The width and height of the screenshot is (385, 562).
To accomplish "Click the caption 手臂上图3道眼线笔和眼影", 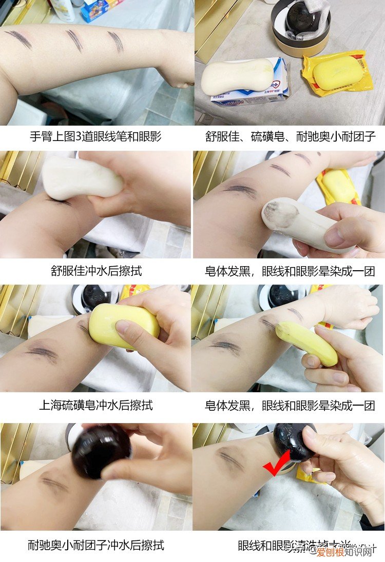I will [x=95, y=137].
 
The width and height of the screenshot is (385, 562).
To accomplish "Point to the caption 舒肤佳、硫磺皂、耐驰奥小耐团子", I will [x=290, y=137].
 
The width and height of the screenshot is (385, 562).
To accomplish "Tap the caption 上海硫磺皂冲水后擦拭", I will [x=96, y=405].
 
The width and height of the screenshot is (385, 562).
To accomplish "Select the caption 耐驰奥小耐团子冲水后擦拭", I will [x=96, y=545].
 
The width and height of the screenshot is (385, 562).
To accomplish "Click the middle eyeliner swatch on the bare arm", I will [x=74, y=41].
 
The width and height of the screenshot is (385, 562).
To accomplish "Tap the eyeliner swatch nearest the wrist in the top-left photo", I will [x=116, y=42].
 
